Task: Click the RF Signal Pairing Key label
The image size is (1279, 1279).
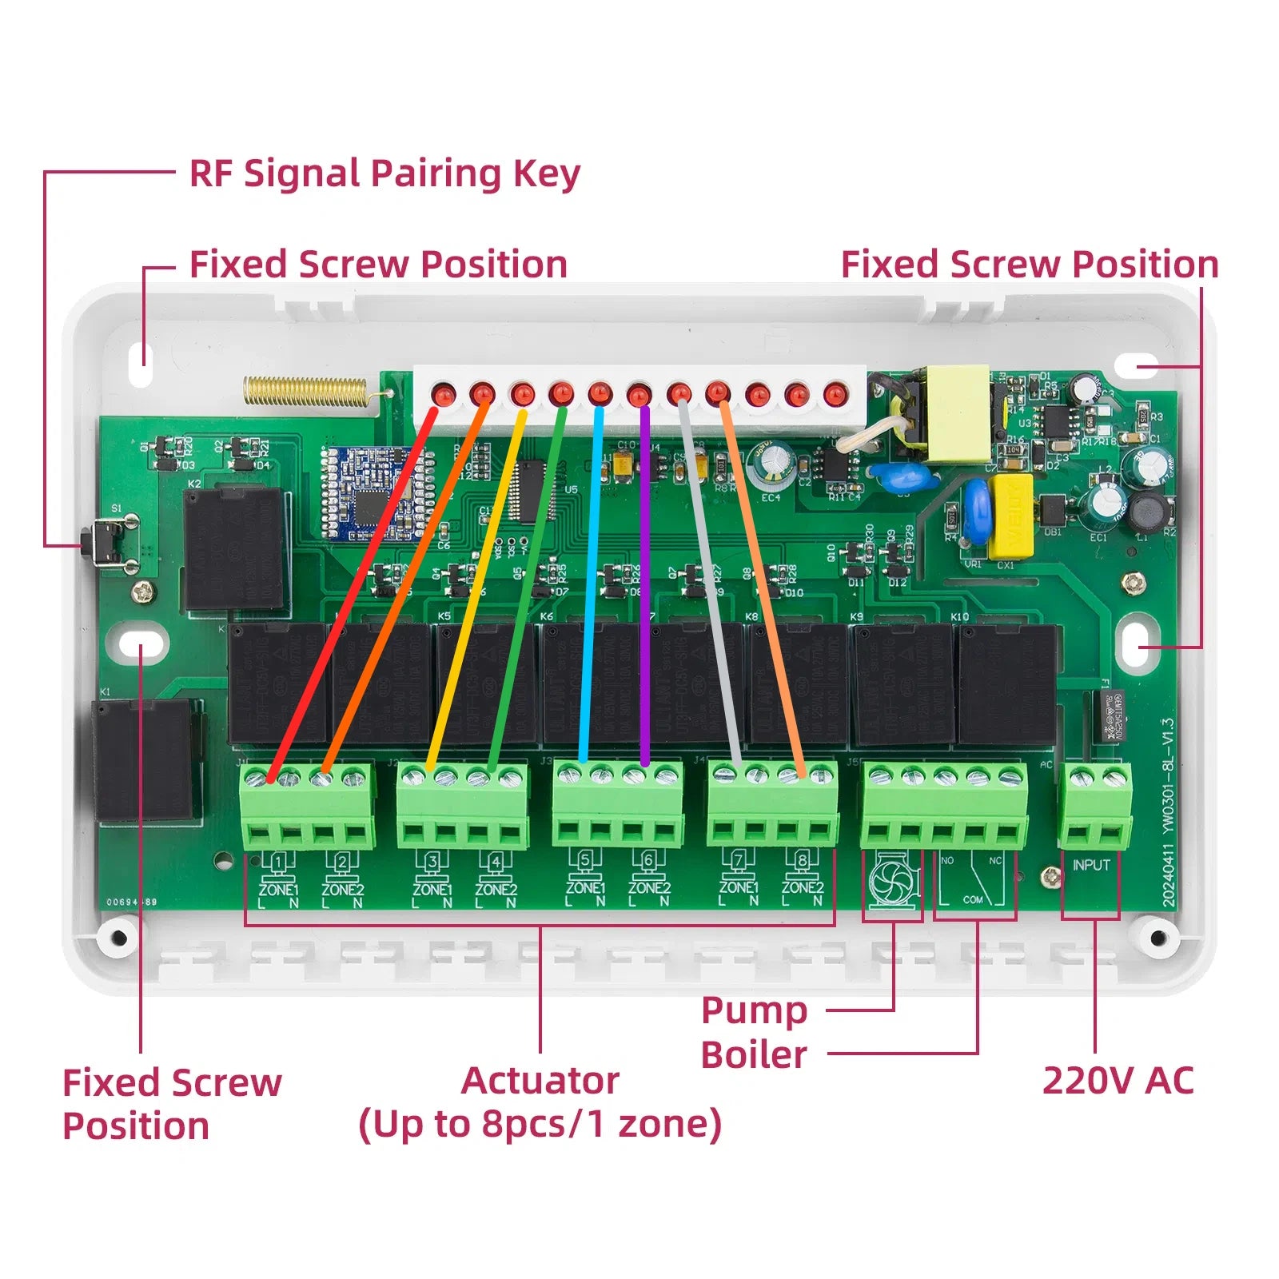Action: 384,173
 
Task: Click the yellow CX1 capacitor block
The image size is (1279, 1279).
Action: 1011,516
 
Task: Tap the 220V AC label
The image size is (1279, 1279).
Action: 1118,1081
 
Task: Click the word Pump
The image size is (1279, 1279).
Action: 754,1010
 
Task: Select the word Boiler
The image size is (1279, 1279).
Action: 754,1054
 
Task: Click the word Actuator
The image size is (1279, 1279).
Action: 540,1081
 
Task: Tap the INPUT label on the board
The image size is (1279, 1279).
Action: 1091,865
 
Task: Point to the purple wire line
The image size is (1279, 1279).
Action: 644,584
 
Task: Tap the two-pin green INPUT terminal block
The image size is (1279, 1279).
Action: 1096,806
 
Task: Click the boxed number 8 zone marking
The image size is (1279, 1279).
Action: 802,861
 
